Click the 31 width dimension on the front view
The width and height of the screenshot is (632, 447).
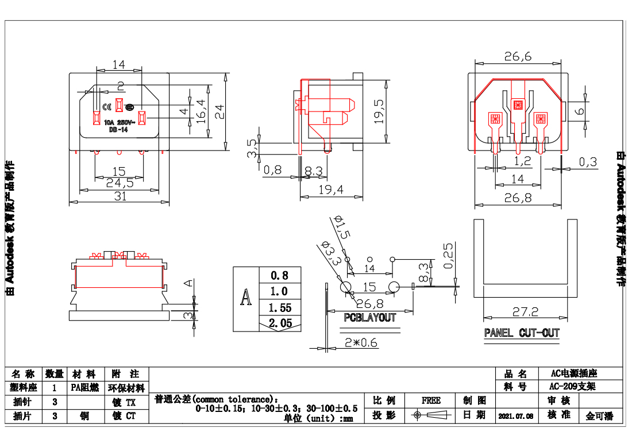click(119, 196)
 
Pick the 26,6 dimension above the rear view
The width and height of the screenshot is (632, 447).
click(518, 56)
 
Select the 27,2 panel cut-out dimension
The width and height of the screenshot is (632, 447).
click(525, 311)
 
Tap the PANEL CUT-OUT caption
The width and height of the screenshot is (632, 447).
click(522, 333)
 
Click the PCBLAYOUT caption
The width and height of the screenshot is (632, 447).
click(370, 317)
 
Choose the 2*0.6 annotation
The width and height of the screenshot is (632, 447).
click(361, 343)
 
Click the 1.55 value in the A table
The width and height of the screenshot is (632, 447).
click(280, 308)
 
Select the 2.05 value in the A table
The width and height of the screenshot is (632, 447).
click(280, 323)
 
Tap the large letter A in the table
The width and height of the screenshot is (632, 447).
click(246, 299)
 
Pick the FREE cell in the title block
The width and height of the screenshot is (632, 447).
click(431, 400)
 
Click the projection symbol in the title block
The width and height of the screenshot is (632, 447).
click(431, 415)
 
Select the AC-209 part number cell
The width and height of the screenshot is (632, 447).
click(572, 387)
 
